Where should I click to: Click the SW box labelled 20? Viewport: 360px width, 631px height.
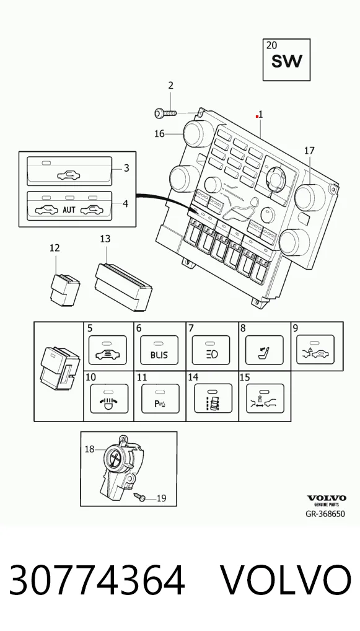click(x=286, y=60)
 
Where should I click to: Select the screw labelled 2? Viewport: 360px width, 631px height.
click(x=165, y=113)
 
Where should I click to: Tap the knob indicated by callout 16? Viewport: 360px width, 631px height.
click(x=195, y=134)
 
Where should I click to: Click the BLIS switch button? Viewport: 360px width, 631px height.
click(x=159, y=350)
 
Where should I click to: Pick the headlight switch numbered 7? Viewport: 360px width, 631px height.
click(x=211, y=350)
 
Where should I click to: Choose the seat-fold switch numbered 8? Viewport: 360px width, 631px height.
click(x=264, y=350)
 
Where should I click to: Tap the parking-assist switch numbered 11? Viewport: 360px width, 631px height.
click(x=160, y=399)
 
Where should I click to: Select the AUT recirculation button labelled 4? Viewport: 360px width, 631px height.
click(x=69, y=206)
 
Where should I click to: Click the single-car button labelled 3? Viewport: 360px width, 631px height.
click(x=69, y=171)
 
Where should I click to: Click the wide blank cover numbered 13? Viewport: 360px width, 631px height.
click(x=123, y=287)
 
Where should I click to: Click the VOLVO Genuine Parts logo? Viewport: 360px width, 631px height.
click(x=326, y=501)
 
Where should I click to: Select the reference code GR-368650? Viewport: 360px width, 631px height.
click(x=325, y=514)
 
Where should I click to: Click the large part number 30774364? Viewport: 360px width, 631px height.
click(x=97, y=580)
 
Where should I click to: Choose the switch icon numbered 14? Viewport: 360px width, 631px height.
click(x=213, y=399)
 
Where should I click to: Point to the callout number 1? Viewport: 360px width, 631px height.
click(x=261, y=114)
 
